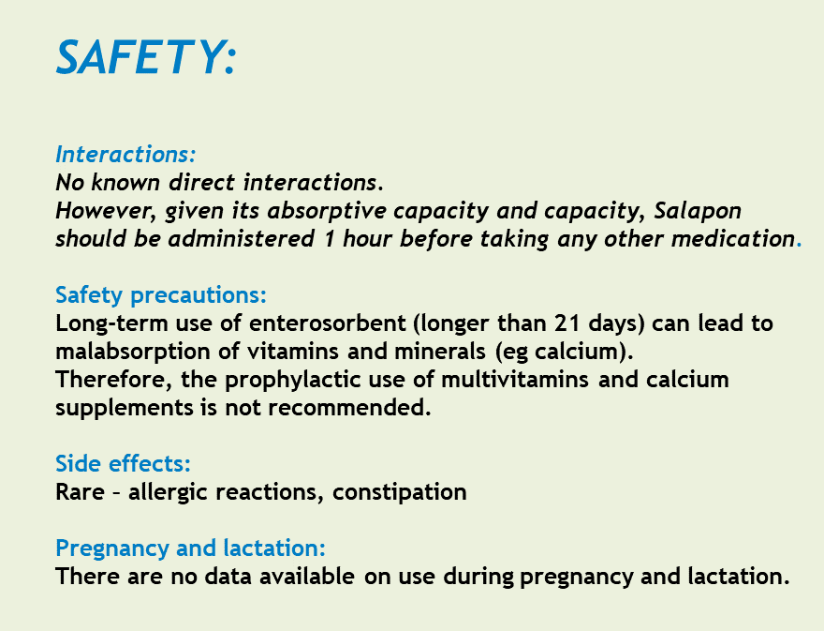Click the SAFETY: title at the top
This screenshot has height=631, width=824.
point(147,57)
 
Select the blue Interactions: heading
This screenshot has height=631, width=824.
point(125,154)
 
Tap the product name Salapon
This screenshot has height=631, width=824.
point(698,211)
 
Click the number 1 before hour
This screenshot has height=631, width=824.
point(330,239)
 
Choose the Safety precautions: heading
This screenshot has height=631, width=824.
point(161,295)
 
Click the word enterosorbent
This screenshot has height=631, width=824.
point(328,323)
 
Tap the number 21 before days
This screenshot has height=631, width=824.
point(566,323)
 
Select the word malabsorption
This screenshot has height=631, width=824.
point(133,352)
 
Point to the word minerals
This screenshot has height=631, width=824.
point(440,352)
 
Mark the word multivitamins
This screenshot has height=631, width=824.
point(514,380)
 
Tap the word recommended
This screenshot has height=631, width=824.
point(349,408)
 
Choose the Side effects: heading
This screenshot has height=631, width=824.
point(123,464)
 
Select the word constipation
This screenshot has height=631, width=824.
point(400,492)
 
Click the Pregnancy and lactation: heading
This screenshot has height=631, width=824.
point(190,548)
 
